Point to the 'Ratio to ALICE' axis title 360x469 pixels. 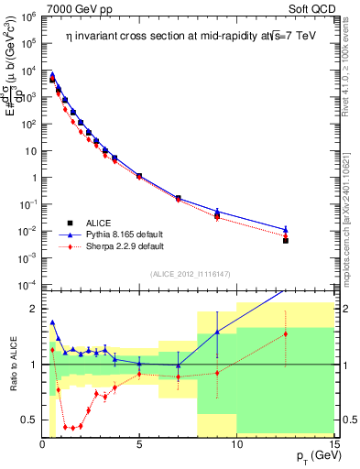point(13,364)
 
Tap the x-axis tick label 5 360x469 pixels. point(139,445)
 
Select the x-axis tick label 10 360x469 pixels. point(236,445)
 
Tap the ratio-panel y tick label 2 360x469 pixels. point(31,309)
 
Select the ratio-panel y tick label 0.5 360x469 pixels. point(27,420)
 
